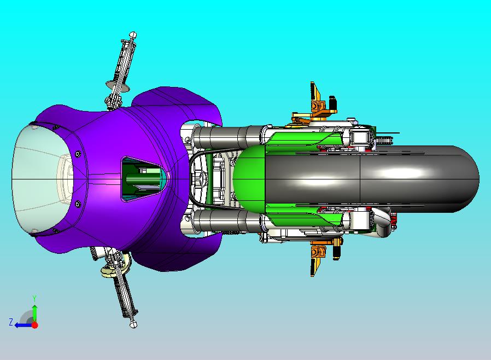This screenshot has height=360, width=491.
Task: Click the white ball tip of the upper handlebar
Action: point(132,34)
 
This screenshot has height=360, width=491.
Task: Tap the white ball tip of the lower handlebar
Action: point(133,324)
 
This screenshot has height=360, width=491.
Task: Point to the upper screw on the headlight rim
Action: point(77,154)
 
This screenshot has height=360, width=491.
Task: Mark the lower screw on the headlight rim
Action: point(77,204)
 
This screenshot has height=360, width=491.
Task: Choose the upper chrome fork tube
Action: point(230,136)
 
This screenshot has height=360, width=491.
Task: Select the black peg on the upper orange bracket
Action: point(332,102)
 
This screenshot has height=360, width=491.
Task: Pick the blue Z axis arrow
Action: point(22,324)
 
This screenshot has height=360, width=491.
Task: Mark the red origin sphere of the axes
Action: point(34,324)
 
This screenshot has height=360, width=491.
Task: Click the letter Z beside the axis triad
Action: point(10,322)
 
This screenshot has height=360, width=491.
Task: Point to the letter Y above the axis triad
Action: point(34,298)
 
